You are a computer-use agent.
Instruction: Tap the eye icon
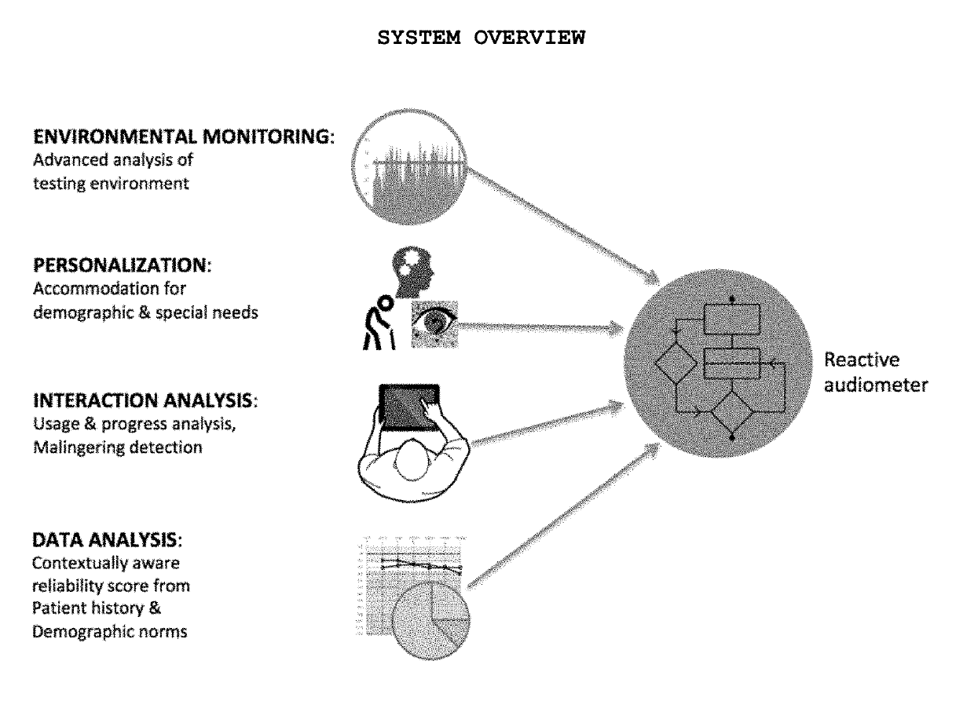434,323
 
